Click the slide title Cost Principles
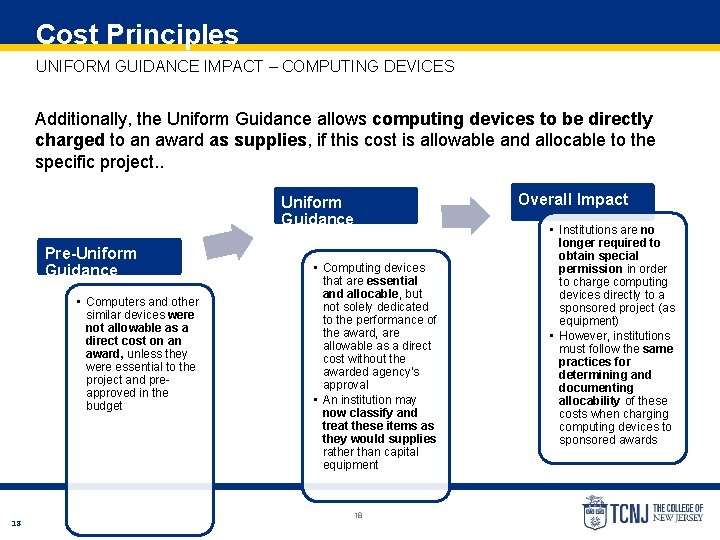pyautogui.click(x=137, y=34)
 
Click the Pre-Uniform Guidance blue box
pyautogui.click(x=109, y=257)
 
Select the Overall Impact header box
pyautogui.click(x=583, y=200)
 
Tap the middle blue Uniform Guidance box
pyautogui.click(x=347, y=206)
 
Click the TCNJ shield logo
pyautogui.click(x=595, y=513)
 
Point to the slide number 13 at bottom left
pyautogui.click(x=17, y=522)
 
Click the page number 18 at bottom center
pyautogui.click(x=357, y=516)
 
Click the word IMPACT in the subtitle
pyautogui.click(x=237, y=66)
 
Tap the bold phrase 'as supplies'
pyautogui.click(x=257, y=140)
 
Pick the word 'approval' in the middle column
pyautogui.click(x=345, y=385)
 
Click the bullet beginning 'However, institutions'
pyautogui.click(x=615, y=336)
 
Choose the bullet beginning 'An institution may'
pyautogui.click(x=369, y=399)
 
